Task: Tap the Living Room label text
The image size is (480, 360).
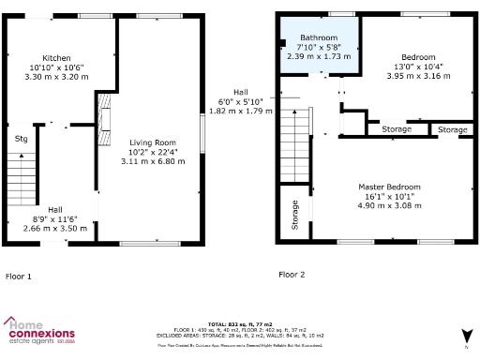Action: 152,141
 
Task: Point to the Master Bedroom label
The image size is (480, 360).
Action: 389,187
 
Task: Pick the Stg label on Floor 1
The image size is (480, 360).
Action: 21,139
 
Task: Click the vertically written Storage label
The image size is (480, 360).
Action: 294,215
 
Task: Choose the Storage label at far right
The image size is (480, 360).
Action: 453,129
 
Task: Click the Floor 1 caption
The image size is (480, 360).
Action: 19,277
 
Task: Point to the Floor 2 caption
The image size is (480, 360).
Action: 292,275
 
